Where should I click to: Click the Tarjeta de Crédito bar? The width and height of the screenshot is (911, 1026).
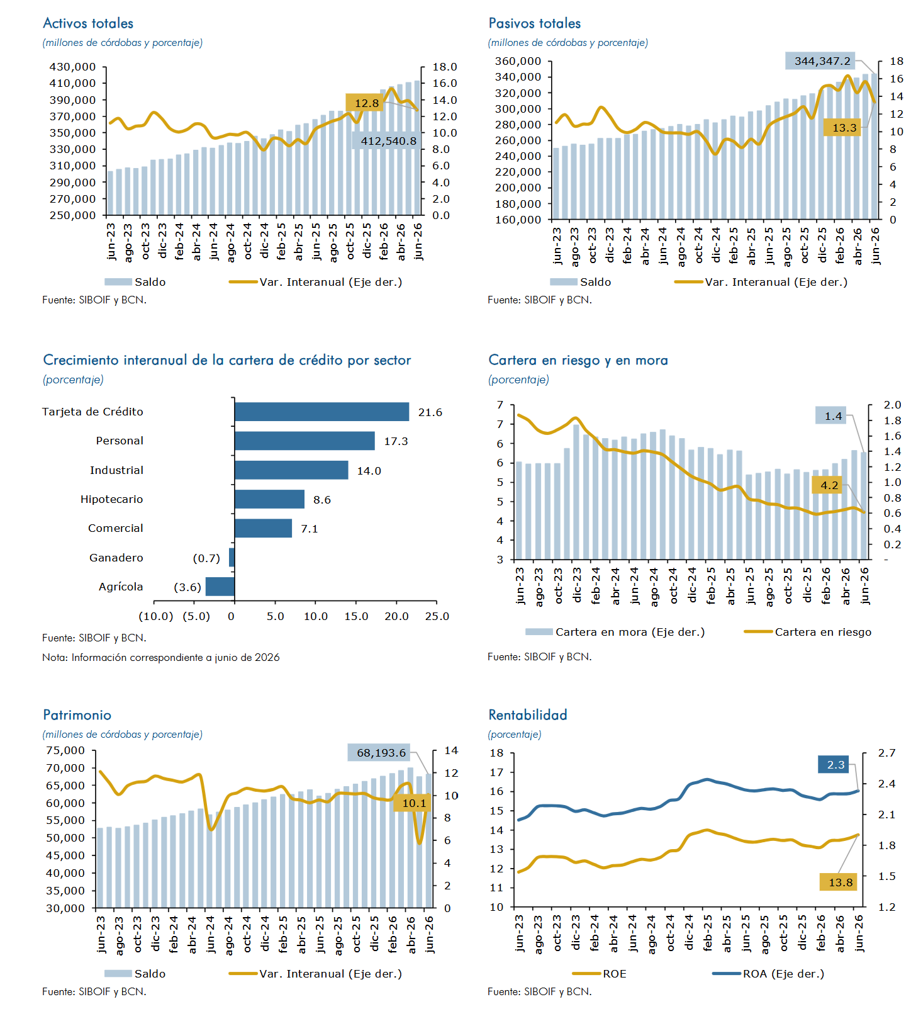tap(321, 412)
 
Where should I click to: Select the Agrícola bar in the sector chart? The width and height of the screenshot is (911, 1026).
tap(220, 587)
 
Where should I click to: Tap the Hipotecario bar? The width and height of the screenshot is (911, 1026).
tap(269, 499)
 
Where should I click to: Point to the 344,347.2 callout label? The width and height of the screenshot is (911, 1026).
tap(822, 61)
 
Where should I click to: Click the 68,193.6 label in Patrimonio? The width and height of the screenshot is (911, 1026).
tap(381, 753)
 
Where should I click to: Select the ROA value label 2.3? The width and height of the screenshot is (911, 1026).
tap(836, 765)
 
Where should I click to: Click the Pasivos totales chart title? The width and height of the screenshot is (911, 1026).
tap(535, 23)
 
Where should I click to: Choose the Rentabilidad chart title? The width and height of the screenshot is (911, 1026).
tap(528, 715)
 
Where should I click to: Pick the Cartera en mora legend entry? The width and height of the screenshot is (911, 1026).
tap(615, 632)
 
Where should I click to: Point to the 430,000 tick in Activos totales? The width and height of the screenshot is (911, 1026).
tap(72, 67)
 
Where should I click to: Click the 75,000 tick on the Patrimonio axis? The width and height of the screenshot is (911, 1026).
tap(65, 750)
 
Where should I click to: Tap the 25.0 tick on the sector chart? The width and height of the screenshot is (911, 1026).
tap(437, 616)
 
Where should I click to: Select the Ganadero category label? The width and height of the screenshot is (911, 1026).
tap(116, 558)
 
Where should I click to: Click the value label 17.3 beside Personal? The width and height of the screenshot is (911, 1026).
tap(396, 441)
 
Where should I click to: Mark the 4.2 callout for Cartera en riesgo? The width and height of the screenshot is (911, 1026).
tap(829, 485)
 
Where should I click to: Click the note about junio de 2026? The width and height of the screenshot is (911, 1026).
tap(161, 657)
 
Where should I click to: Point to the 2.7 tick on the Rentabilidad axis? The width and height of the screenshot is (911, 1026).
tap(887, 753)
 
